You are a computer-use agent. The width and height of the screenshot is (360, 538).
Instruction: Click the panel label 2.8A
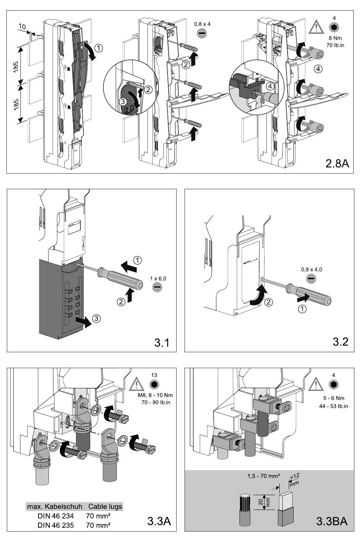[337, 163]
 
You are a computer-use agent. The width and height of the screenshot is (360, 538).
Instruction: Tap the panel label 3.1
[162, 342]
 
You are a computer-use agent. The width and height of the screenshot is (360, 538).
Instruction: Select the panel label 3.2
[341, 342]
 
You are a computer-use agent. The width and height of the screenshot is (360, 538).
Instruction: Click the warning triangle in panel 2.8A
[316, 27]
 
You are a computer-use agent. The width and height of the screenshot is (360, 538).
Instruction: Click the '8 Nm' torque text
[335, 38]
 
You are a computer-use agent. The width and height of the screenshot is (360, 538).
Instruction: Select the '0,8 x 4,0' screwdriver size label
[311, 270]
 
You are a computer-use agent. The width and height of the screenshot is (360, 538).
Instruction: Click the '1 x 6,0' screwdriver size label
[158, 279]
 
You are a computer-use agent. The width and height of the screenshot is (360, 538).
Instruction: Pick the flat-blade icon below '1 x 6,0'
[157, 287]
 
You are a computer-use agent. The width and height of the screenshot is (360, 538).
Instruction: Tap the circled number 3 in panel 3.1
[96, 318]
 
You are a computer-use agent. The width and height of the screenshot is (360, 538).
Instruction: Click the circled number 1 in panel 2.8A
[99, 48]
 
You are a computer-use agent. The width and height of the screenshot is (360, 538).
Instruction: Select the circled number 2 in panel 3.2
[269, 302]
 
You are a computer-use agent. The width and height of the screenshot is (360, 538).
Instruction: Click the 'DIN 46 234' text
[56, 516]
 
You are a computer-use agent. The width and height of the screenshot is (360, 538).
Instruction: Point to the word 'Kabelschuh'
[64, 507]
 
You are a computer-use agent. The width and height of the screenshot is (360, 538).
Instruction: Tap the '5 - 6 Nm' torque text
[333, 398]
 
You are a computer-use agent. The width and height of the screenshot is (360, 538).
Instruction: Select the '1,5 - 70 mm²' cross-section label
[264, 476]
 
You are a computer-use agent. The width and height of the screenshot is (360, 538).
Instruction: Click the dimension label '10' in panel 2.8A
[22, 27]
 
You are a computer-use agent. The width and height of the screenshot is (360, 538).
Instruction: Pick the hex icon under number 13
[154, 384]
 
